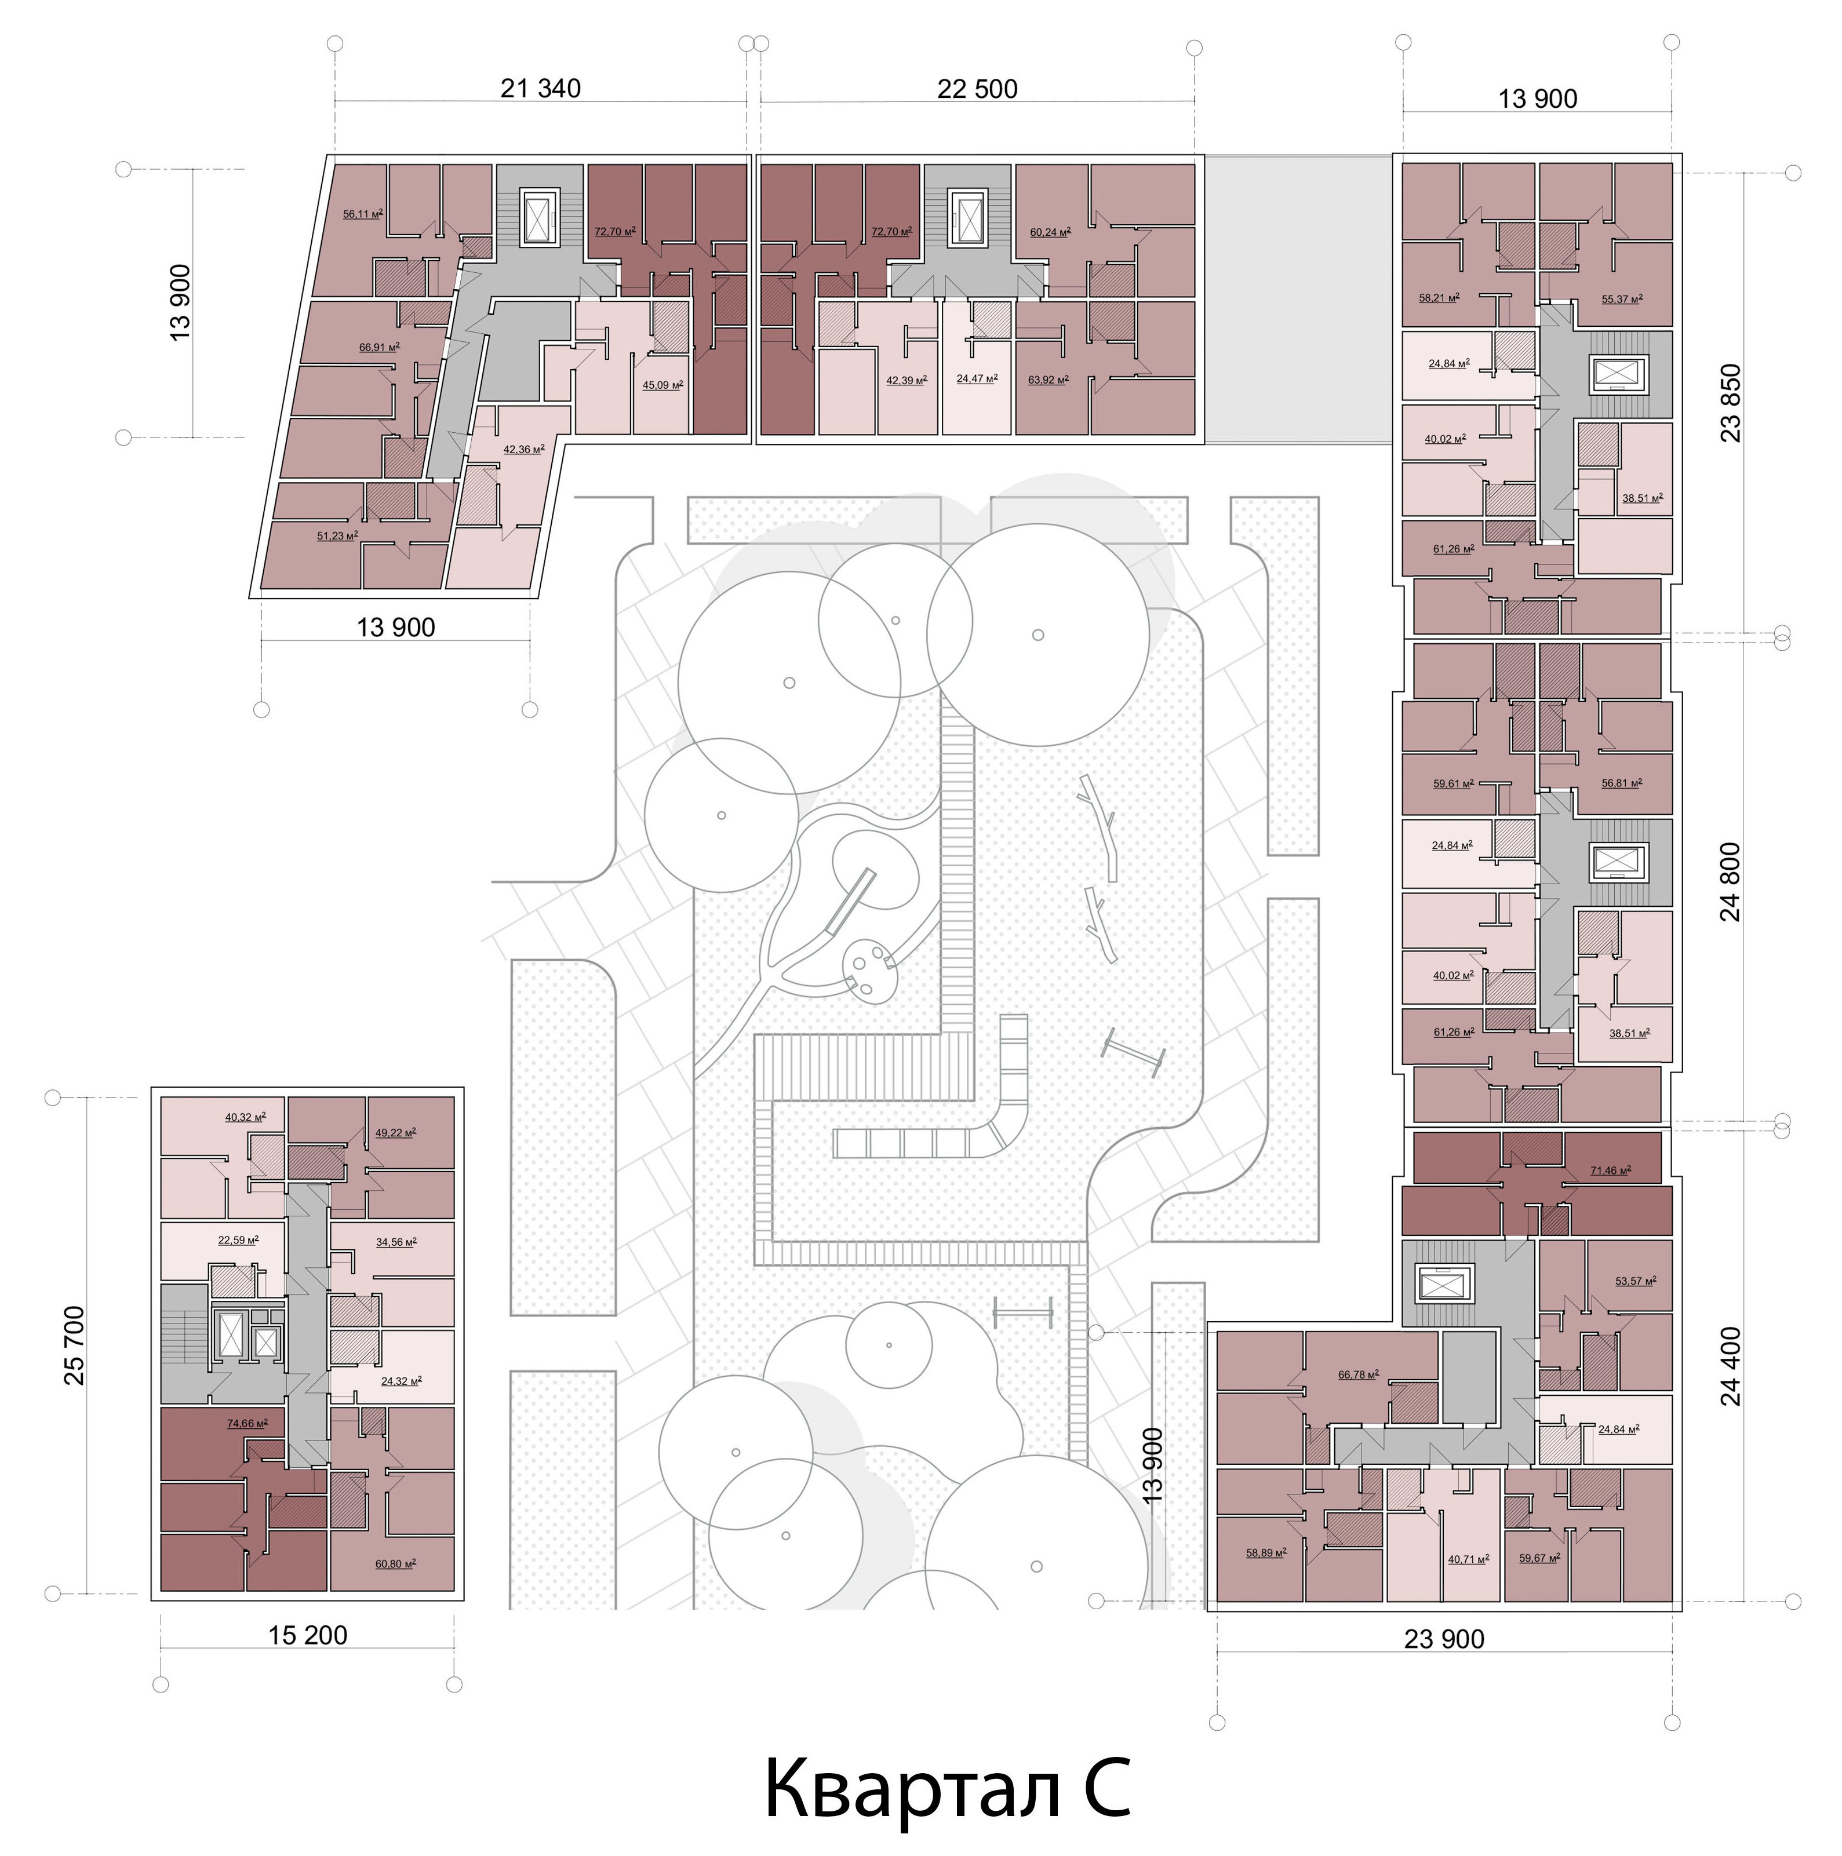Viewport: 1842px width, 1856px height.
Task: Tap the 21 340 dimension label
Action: click(x=541, y=89)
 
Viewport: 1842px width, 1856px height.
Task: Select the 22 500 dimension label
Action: click(x=977, y=89)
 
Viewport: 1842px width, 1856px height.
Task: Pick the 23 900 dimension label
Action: click(x=1444, y=1639)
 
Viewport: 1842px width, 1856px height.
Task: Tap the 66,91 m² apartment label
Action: click(x=380, y=347)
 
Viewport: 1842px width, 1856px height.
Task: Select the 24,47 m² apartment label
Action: click(x=977, y=378)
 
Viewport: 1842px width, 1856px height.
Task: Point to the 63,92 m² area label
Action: click(x=1049, y=380)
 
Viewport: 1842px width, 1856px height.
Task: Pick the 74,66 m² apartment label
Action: click(x=247, y=1424)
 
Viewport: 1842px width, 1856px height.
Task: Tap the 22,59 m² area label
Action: click(x=238, y=1239)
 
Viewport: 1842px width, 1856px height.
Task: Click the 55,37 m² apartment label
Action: click(x=1622, y=299)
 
